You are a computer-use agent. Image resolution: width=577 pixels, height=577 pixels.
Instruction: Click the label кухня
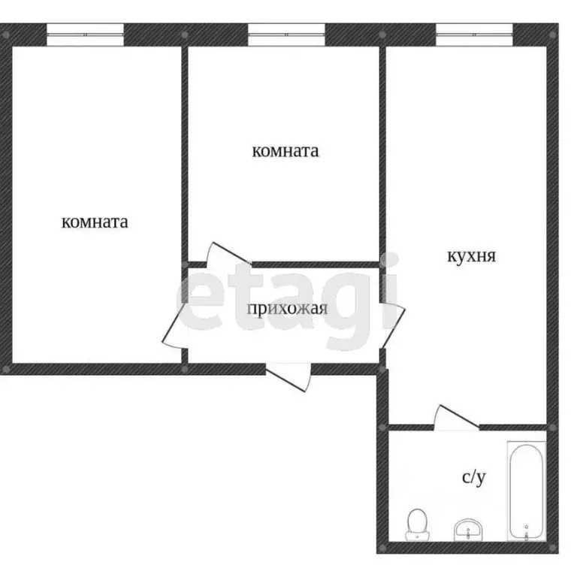(471, 256)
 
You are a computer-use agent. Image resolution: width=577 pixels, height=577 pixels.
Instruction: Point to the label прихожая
(287, 307)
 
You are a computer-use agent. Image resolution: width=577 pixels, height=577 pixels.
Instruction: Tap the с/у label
(472, 477)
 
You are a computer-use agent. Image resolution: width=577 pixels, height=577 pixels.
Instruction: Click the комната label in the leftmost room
(95, 222)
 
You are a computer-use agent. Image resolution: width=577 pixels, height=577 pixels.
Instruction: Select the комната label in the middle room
(285, 151)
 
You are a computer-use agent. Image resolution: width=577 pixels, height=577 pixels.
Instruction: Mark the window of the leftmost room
(85, 32)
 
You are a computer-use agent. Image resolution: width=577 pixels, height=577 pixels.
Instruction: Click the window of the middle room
(286, 32)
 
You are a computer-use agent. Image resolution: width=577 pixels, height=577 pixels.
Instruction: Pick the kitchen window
(474, 32)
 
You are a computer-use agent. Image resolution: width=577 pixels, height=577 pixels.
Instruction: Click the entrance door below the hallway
(288, 374)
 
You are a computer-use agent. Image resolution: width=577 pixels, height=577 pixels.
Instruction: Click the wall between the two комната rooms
(184, 150)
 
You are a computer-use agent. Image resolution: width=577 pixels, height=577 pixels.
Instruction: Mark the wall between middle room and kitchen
(382, 150)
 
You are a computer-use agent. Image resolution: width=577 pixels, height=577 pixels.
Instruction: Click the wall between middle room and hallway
(316, 264)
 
